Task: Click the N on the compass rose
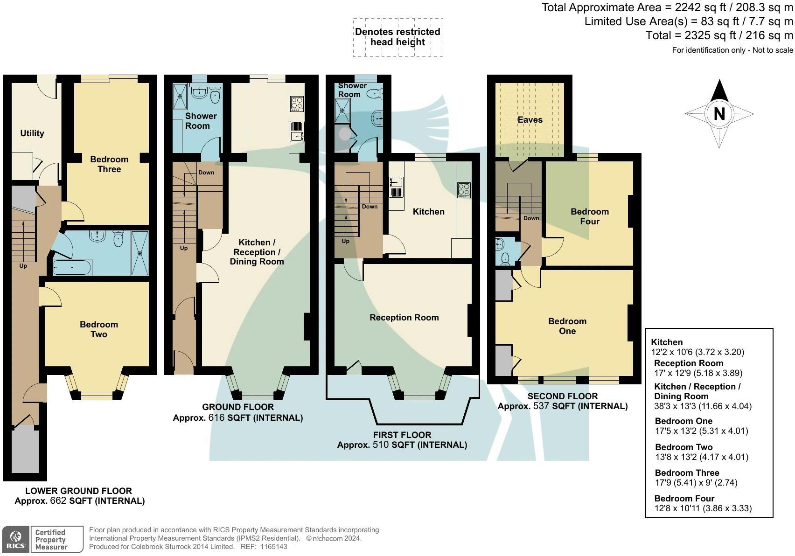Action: pyautogui.click(x=719, y=114)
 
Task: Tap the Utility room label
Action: pyautogui.click(x=32, y=133)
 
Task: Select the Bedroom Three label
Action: pyautogui.click(x=109, y=164)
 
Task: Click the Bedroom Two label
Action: pyautogui.click(x=99, y=329)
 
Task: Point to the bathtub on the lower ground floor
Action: pyautogui.click(x=72, y=268)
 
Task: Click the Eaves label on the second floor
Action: pyautogui.click(x=530, y=120)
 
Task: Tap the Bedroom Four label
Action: pyautogui.click(x=590, y=216)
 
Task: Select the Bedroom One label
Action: pyautogui.click(x=567, y=326)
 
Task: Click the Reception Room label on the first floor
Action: pyautogui.click(x=404, y=318)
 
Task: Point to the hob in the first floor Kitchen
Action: pyautogui.click(x=464, y=189)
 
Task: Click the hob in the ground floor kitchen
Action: pyautogui.click(x=297, y=103)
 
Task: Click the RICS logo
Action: pyautogui.click(x=16, y=540)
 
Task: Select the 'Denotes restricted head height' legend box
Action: pyautogui.click(x=397, y=37)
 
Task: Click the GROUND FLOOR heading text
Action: pyautogui.click(x=237, y=407)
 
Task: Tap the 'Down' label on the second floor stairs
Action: pyautogui.click(x=531, y=218)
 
